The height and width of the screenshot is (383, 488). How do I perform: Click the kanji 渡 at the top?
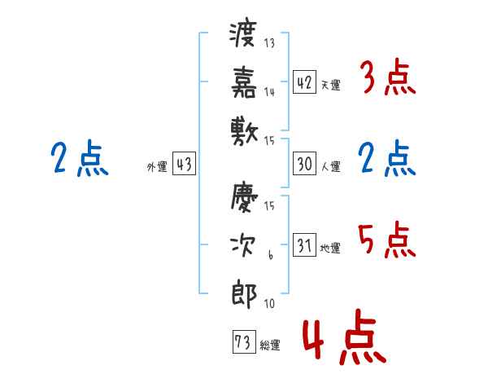244,35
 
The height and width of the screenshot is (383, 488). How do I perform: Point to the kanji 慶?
244,198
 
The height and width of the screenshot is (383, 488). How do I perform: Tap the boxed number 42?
303,82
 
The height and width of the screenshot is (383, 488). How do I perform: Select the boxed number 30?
303,164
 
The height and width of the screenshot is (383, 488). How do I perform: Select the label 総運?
269,345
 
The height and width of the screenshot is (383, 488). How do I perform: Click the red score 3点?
387,78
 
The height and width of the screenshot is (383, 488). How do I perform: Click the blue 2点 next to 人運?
387,159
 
